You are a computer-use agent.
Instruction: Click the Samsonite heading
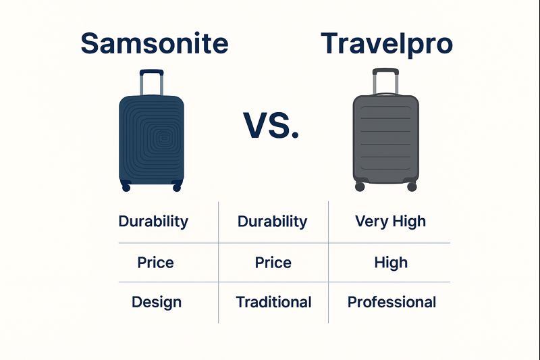coord(154,43)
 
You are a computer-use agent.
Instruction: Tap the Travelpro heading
coord(387,43)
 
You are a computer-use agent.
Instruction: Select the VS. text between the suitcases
coord(270,125)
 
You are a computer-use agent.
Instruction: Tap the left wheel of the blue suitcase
coord(125,186)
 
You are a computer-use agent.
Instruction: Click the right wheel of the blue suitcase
coord(177,186)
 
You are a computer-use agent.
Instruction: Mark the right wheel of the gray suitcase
coord(412,186)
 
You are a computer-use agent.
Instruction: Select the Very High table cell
coord(390,221)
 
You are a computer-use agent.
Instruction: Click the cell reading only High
coord(391,262)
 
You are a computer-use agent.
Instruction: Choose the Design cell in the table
coord(157,302)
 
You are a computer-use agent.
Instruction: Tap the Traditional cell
coord(273,302)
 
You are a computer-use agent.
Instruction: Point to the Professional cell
coord(391,302)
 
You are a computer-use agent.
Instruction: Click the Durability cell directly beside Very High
coord(273,221)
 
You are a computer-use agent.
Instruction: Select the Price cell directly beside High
coord(273,262)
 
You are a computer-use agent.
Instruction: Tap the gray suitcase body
coord(385,138)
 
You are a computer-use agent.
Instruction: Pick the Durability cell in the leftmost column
coord(153,221)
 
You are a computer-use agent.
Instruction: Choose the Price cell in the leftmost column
coord(156,262)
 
